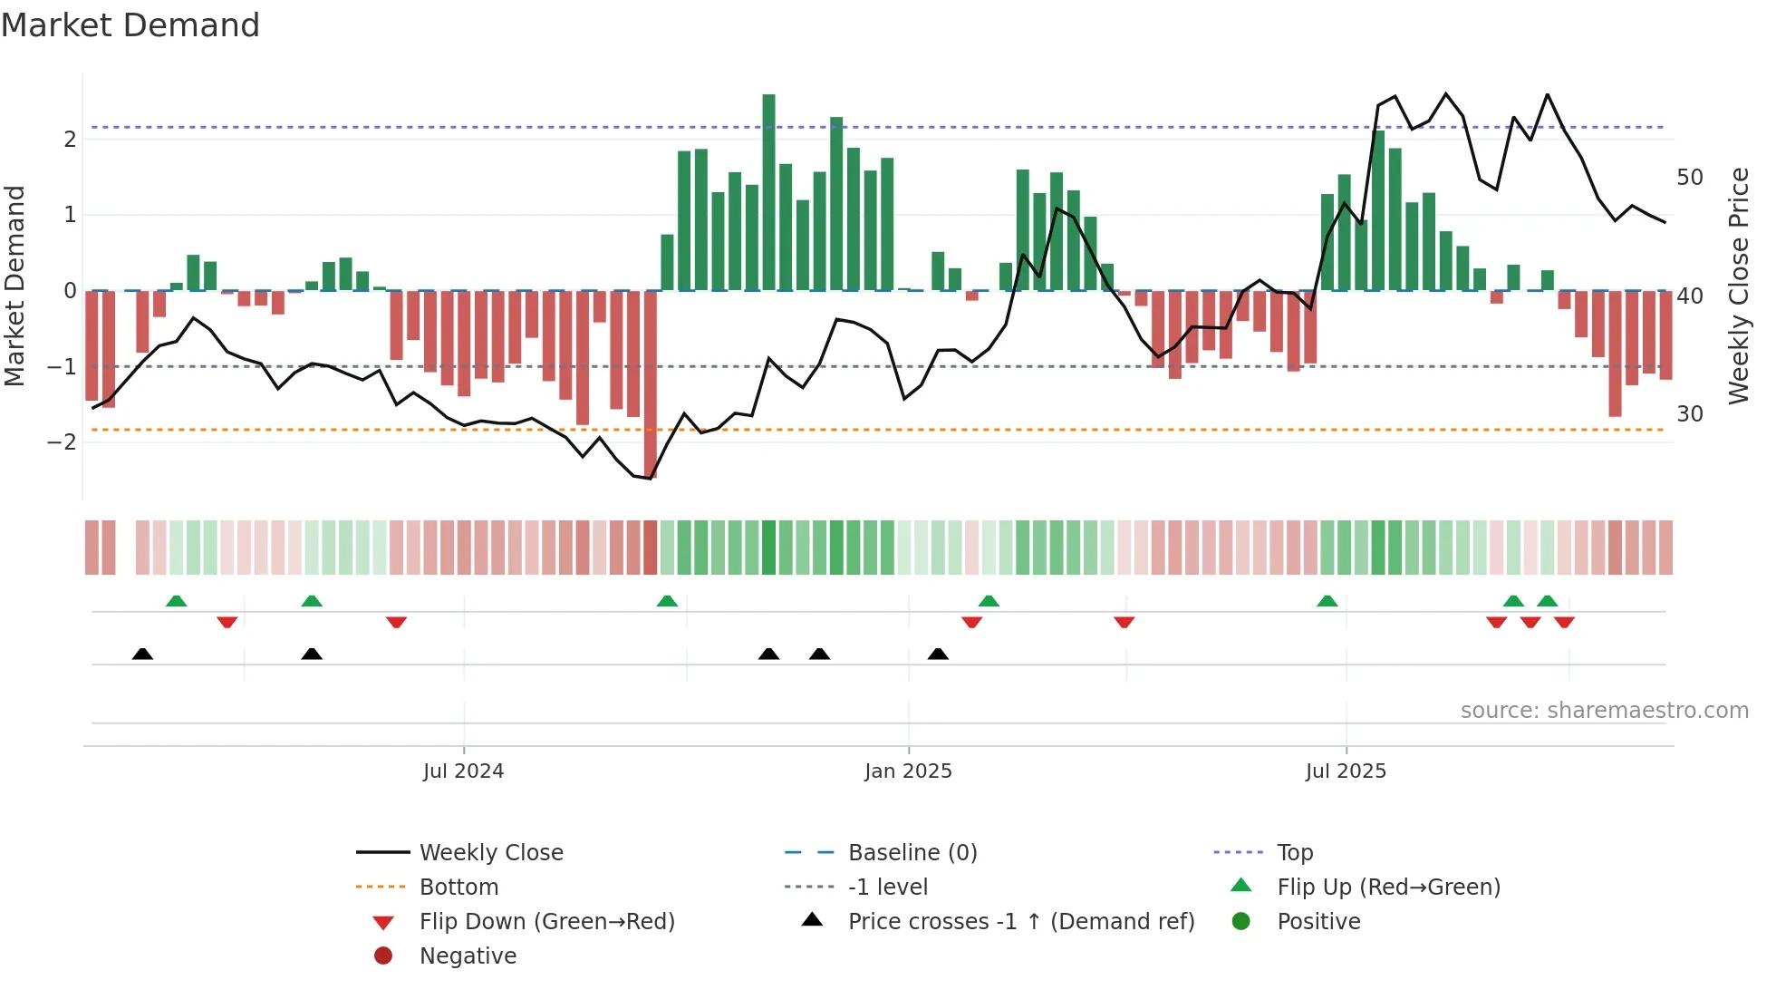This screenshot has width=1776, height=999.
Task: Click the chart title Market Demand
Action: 130,25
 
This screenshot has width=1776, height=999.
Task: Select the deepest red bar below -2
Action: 650,384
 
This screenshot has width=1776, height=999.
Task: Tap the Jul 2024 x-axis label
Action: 463,771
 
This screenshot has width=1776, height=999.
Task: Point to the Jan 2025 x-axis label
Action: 908,771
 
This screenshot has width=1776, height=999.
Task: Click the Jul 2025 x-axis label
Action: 1346,771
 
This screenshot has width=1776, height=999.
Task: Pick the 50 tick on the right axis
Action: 1689,178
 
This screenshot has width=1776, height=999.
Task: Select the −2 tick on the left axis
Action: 63,442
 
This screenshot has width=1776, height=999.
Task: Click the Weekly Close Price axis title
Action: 1738,286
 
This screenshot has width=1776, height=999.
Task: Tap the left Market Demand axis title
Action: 14,286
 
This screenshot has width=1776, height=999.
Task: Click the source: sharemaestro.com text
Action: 1604,711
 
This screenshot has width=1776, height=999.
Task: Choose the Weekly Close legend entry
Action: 490,853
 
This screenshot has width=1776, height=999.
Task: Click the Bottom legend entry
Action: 458,887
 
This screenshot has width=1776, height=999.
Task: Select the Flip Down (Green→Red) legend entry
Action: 546,922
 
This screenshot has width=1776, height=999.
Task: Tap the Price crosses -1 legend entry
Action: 1020,922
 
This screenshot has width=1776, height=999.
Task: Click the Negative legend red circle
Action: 383,956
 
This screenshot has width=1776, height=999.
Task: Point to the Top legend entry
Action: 1294,853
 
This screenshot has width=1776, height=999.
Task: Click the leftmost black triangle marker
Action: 142,654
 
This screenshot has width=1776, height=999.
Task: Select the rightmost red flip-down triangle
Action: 1564,622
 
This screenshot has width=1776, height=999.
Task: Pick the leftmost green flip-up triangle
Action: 177,601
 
